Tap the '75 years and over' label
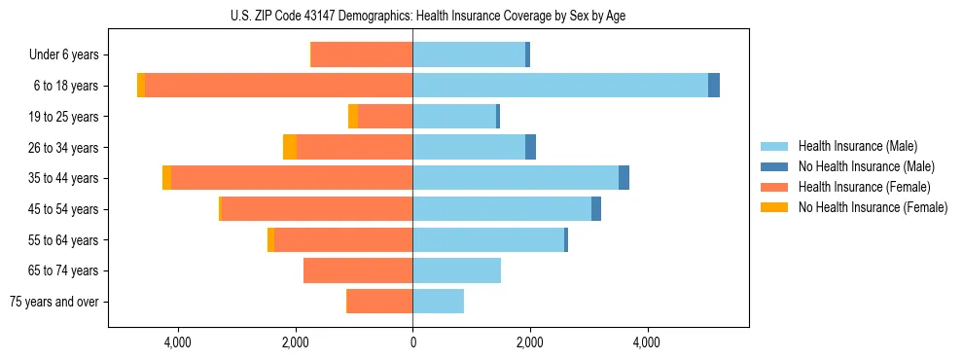click(x=54, y=302)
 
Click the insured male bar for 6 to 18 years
click(x=560, y=86)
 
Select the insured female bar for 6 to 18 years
click(x=278, y=86)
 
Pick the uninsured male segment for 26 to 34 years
click(x=530, y=147)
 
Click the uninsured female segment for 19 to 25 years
click(x=353, y=117)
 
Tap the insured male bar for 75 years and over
click(x=438, y=302)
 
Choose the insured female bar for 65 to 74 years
click(x=358, y=270)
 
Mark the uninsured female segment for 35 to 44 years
click(x=166, y=178)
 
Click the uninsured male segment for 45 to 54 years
click(x=596, y=209)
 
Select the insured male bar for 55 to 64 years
click(x=488, y=240)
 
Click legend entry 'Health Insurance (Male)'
click(x=857, y=146)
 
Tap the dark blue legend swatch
click(x=774, y=166)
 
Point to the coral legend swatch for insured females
click(x=774, y=187)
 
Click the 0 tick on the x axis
click(x=412, y=342)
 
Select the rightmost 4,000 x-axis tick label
click(x=647, y=342)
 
